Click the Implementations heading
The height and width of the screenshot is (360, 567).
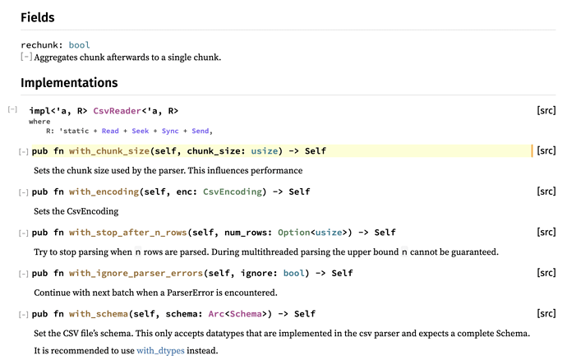pos(69,83)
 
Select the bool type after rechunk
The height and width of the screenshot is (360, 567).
pos(80,45)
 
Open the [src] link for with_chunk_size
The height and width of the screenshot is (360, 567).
pos(546,150)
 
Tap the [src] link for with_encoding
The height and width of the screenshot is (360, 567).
pos(546,192)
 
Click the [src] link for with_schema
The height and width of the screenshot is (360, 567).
pos(546,314)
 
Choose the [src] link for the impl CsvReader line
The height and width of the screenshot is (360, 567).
pos(546,110)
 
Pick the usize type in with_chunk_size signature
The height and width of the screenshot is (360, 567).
pos(264,150)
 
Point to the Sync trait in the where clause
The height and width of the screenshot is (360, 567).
pos(171,131)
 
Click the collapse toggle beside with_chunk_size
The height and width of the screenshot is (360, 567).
pos(24,151)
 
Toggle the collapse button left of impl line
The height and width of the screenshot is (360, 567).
pos(12,110)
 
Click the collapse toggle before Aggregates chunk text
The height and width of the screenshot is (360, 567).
pos(26,58)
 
